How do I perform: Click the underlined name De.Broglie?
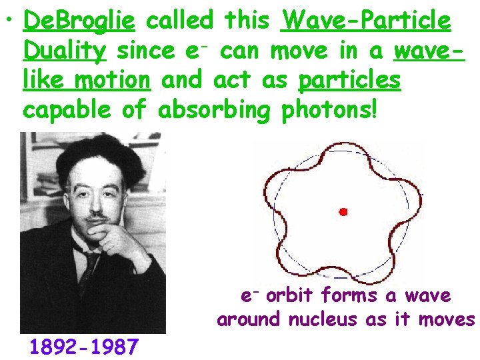[79, 22]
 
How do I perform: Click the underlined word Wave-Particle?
[366, 22]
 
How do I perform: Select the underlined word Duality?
[64, 51]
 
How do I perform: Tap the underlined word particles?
[350, 80]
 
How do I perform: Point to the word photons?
[329, 109]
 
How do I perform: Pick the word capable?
[68, 109]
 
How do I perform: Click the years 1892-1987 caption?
[84, 347]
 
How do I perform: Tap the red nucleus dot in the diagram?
[343, 212]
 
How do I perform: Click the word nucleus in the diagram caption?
[324, 319]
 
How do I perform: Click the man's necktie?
[88, 267]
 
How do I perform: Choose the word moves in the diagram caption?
[447, 319]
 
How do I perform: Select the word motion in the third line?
[113, 80]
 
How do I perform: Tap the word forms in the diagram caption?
[351, 295]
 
